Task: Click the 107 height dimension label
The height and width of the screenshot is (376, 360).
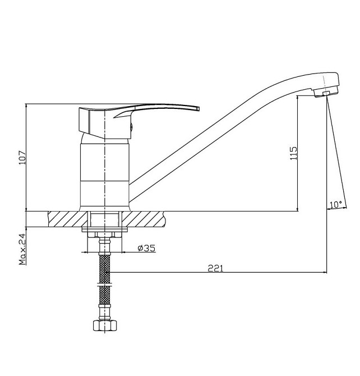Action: click(x=22, y=157)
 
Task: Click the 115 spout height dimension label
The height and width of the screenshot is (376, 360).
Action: click(x=293, y=153)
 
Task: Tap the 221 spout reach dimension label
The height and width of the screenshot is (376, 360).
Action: click(x=215, y=268)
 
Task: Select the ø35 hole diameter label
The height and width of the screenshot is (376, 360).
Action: click(x=146, y=248)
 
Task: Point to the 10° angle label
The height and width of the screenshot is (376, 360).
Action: click(x=335, y=204)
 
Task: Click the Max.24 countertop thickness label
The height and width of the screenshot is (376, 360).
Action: click(x=22, y=249)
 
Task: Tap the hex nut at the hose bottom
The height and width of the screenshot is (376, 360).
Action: click(x=105, y=325)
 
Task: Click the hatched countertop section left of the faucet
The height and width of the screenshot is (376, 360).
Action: click(x=67, y=219)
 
